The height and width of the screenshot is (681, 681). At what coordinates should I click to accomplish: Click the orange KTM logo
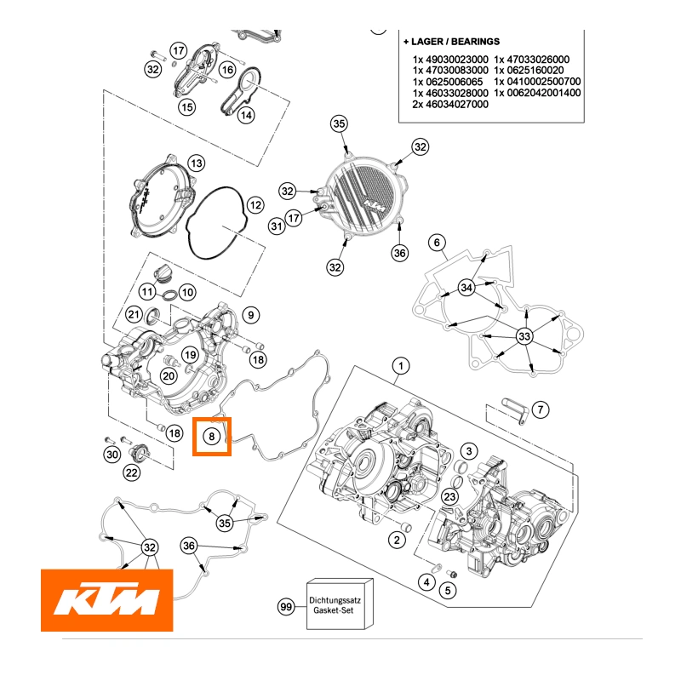pos(107,600)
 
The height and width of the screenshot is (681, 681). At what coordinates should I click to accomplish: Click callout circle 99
pos(287,607)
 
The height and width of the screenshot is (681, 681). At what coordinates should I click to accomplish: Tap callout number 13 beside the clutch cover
pos(196,163)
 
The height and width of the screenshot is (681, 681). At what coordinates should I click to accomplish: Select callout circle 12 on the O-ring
pos(255,205)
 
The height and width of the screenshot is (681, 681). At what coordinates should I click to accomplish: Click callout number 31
pos(276,226)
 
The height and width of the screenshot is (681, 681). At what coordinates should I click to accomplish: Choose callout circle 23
pos(450,497)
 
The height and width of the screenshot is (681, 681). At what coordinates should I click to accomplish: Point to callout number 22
pos(132,472)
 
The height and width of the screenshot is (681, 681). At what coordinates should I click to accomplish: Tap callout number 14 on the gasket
pos(245,115)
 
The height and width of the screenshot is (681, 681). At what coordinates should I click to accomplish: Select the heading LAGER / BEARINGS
pos(451,41)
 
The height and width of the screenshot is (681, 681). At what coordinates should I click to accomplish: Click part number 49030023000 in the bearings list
pos(451,59)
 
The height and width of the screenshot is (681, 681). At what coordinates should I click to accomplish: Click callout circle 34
pos(466,289)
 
